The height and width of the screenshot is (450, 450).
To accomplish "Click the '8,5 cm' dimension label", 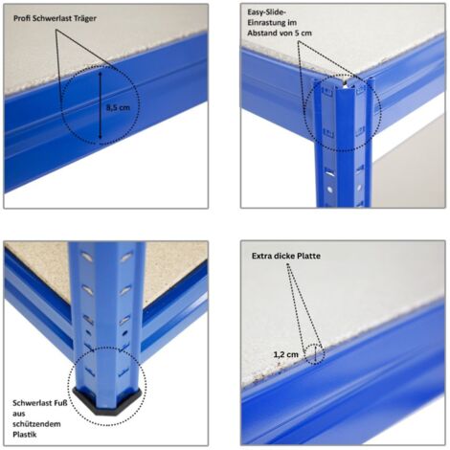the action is point(118,107).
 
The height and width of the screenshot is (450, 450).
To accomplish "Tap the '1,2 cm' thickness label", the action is point(286,354).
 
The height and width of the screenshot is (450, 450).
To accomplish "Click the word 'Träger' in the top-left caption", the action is point(84,18).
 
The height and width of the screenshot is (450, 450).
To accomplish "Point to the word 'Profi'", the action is point(23,18).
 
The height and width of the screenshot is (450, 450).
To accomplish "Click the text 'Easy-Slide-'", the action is point(266,12).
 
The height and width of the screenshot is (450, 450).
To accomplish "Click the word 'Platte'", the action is point(308,256).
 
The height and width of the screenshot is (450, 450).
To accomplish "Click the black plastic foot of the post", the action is point(107,400).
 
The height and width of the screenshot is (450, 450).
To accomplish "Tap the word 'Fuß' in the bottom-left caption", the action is point(60,403).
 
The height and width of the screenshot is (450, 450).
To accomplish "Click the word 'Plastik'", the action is point(25,435).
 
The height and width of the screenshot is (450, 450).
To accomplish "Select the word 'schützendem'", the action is point(36,424).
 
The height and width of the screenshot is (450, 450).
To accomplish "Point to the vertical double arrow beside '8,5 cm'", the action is point(101,105).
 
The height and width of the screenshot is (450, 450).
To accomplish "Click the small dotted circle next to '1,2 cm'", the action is point(314,354).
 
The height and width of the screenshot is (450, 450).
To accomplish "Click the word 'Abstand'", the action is point(260,33).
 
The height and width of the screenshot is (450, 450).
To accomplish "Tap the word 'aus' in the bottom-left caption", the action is point(19,414).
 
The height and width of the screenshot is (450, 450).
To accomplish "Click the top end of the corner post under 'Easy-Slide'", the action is point(343,83).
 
